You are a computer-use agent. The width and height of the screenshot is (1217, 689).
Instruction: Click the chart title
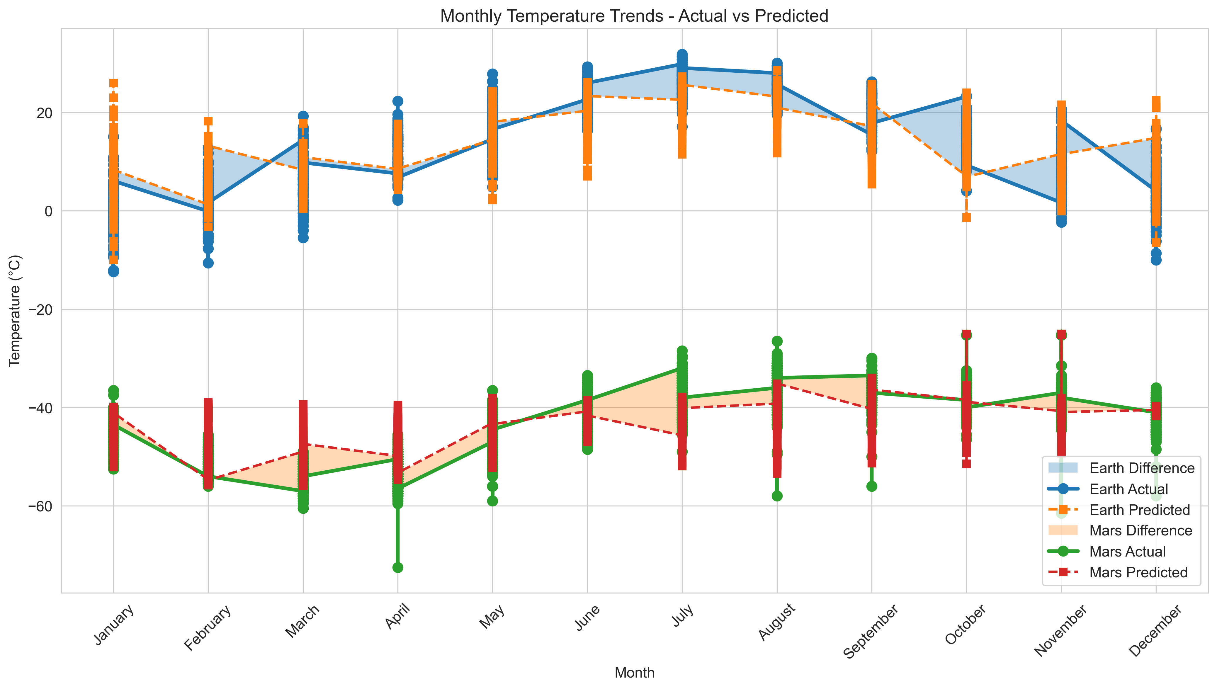[634, 16]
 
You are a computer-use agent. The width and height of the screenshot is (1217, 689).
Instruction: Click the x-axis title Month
[634, 672]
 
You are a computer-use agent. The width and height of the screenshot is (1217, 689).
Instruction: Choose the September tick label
[871, 632]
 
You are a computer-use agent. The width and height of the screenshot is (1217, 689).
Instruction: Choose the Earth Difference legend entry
[1141, 468]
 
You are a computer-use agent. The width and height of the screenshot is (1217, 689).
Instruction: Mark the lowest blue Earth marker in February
[208, 263]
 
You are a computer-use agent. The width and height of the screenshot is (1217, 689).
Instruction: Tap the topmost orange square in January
[113, 83]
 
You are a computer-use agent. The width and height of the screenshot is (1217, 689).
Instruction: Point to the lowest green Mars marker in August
[777, 496]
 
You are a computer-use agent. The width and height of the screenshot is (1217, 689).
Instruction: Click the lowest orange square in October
[966, 218]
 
